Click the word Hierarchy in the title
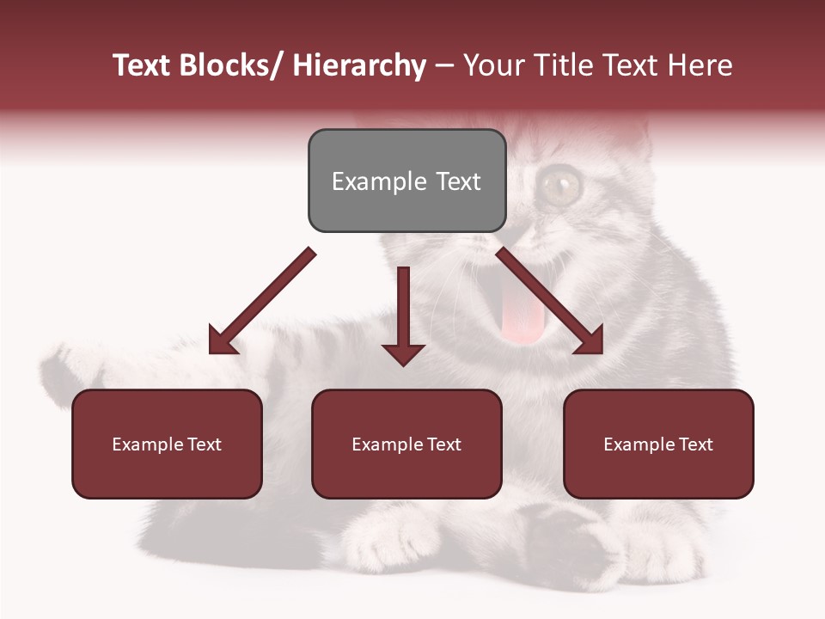359,66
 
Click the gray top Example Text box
406,181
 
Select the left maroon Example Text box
167,444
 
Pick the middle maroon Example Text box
406,444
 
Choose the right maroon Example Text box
658,444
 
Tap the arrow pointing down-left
261,302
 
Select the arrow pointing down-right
550,301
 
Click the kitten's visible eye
561,182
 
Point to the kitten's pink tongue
523,316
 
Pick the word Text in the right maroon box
695,444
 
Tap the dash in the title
444,66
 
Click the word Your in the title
492,66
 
